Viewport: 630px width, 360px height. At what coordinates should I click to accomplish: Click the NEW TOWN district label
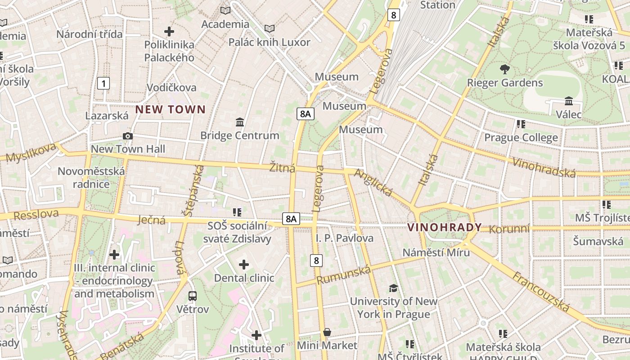pyautogui.click(x=171, y=109)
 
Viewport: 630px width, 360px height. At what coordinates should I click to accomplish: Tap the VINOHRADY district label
pyautogui.click(x=444, y=227)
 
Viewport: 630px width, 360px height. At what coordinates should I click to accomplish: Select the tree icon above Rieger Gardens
pyautogui.click(x=504, y=69)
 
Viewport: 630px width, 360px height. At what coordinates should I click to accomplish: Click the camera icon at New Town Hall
pyautogui.click(x=128, y=136)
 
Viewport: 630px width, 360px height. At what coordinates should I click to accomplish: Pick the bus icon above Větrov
pyautogui.click(x=193, y=296)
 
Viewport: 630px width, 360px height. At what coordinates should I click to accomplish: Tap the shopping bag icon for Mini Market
pyautogui.click(x=327, y=332)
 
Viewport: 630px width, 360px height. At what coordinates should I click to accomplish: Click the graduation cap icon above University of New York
pyautogui.click(x=393, y=288)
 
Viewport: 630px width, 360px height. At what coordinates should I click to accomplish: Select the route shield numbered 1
pyautogui.click(x=103, y=83)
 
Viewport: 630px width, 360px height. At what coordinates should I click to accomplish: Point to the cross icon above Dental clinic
pyautogui.click(x=243, y=265)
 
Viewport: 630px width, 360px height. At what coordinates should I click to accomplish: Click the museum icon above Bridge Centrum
pyautogui.click(x=239, y=122)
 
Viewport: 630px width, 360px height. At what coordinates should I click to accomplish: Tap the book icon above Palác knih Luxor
pyautogui.click(x=269, y=29)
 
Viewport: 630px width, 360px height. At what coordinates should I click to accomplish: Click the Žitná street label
pyautogui.click(x=282, y=168)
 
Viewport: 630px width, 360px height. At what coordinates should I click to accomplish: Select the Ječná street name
pyautogui.click(x=151, y=220)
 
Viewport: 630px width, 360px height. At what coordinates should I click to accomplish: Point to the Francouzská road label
pyautogui.click(x=541, y=292)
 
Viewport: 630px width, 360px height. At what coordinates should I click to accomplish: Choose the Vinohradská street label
pyautogui.click(x=544, y=168)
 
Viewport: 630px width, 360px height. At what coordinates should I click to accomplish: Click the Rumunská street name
pyautogui.click(x=343, y=275)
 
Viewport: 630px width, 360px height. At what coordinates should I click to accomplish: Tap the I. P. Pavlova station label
pyautogui.click(x=345, y=238)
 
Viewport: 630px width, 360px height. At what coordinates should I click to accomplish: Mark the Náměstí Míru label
pyautogui.click(x=436, y=252)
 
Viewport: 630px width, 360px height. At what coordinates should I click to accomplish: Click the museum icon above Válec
pyautogui.click(x=568, y=101)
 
